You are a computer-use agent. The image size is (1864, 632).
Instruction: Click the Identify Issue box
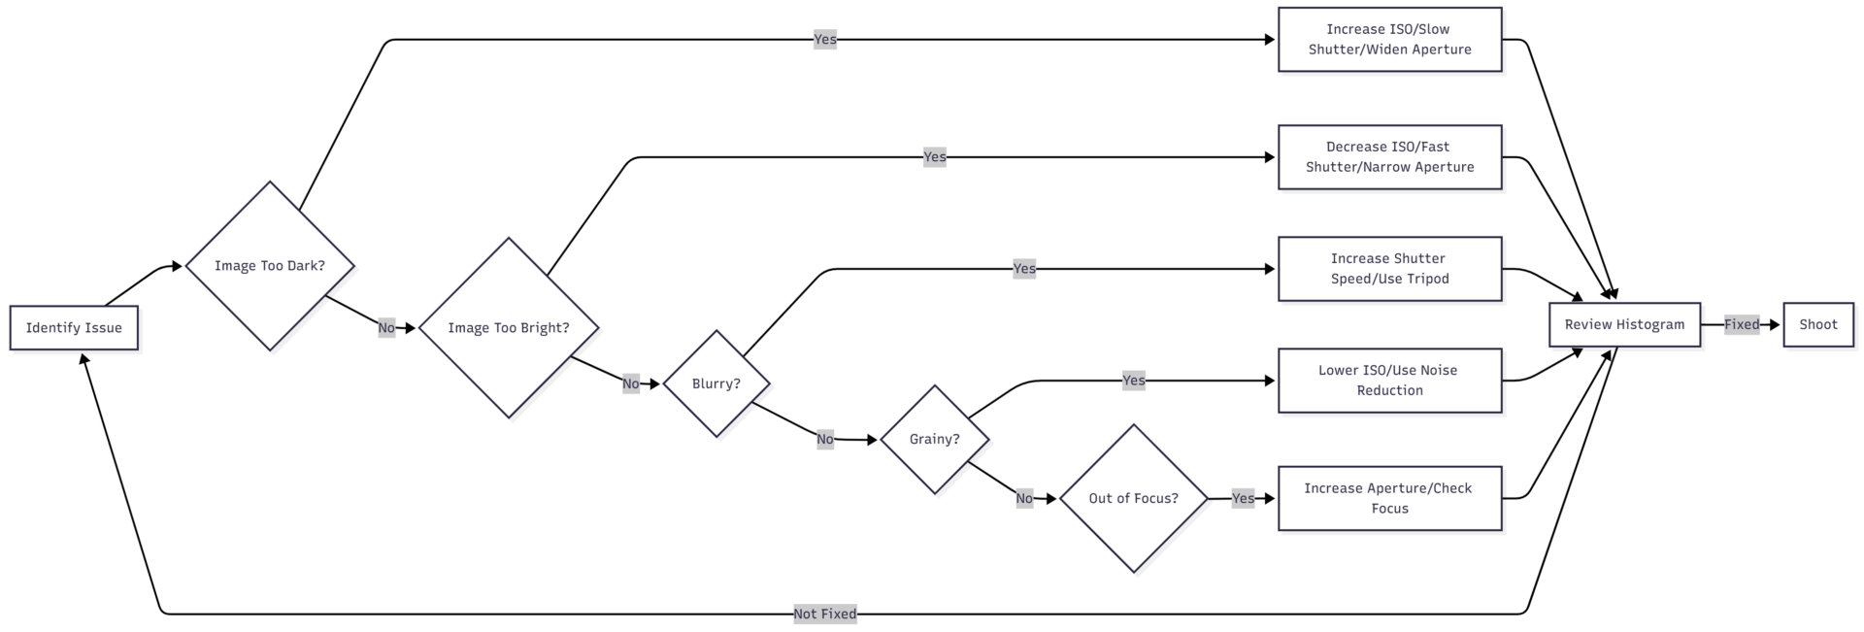click(x=74, y=328)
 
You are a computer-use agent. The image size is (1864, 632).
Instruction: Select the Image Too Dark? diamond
click(x=270, y=266)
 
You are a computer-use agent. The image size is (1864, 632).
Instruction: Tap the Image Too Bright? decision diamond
click(x=509, y=328)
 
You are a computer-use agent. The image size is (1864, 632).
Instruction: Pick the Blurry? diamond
click(x=716, y=383)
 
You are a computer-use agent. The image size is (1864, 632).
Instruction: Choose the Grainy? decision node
click(x=934, y=440)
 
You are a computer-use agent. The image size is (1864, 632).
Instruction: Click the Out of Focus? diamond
click(x=1133, y=498)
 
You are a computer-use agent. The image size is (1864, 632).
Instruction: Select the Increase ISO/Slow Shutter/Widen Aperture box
click(x=1389, y=40)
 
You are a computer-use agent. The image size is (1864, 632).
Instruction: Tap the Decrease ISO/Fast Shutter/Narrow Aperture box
click(x=1389, y=157)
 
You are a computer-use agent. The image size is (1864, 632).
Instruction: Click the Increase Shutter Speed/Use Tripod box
click(x=1389, y=269)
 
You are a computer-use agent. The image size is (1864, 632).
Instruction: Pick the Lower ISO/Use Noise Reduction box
click(x=1389, y=381)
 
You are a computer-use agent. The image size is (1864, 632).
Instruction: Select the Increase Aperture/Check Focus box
click(x=1389, y=498)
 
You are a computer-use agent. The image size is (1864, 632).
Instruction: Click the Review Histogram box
click(x=1624, y=324)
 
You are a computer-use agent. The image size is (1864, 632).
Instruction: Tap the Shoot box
click(x=1817, y=324)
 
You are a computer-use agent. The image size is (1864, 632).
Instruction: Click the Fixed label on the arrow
click(x=1742, y=324)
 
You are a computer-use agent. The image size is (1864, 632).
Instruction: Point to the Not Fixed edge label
click(x=825, y=614)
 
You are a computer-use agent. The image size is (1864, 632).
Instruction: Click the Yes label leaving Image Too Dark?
click(x=825, y=40)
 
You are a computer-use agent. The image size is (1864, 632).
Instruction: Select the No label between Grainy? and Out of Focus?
click(x=1024, y=498)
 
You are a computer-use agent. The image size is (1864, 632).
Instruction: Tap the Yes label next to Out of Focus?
click(x=1243, y=498)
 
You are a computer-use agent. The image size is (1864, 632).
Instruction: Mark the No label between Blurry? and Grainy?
click(x=825, y=440)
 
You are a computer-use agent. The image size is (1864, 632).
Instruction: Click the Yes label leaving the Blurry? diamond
click(x=1024, y=269)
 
